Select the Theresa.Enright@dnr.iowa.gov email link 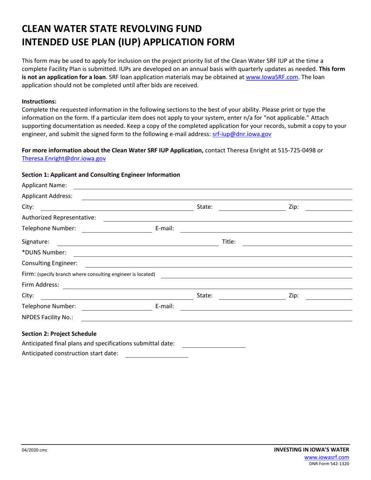point(64,158)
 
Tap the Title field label point(228,242)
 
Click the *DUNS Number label point(44,252)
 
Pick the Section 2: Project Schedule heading point(59,334)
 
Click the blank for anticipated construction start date point(156,356)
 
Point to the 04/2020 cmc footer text point(34,450)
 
